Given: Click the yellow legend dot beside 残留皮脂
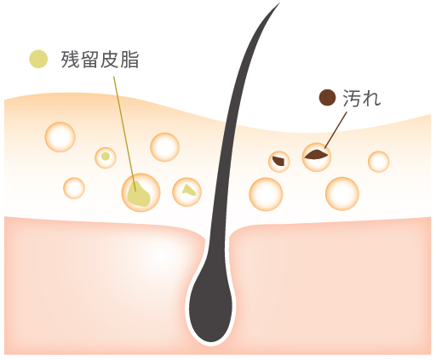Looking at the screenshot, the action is coord(38,59).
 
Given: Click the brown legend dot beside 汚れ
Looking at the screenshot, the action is coord(327,98).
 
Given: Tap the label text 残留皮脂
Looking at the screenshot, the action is coord(100,60).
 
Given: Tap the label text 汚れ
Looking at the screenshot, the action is coord(362,98).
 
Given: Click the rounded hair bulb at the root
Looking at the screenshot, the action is coord(210,306).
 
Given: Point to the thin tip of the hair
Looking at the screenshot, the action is coord(278,3).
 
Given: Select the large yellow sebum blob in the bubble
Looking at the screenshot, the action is coord(138,193).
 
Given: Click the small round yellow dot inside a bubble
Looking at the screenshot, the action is coord(106,157).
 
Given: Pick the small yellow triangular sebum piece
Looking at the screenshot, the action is coord(189,190).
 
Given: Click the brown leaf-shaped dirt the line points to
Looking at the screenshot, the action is coord(317,155).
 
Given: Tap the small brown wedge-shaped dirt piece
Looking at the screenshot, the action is coord(278,161).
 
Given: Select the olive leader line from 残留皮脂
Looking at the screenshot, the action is coord(125,134).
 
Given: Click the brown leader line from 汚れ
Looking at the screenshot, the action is coord(336,130).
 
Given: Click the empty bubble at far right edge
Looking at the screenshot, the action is coord(379,162).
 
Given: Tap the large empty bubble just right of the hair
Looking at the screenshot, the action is coord(266,194).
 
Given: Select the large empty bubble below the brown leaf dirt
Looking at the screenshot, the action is coord(342,194).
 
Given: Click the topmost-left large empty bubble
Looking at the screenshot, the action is coord(60,137).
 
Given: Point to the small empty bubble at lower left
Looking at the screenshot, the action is coord(74,188).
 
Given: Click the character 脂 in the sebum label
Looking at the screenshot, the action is coord(129,60).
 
